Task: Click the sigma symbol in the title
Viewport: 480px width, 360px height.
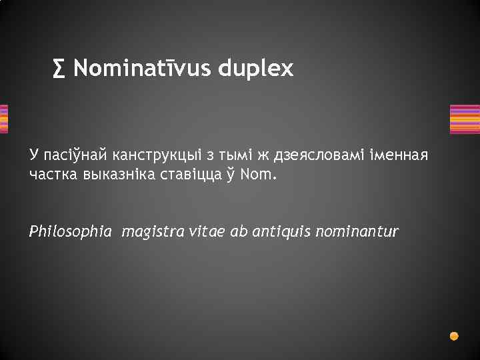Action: tap(59, 68)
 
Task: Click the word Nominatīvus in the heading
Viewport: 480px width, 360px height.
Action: tap(142, 68)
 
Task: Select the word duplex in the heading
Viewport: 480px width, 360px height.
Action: tap(255, 68)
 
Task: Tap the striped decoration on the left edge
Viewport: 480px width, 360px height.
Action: tap(4, 119)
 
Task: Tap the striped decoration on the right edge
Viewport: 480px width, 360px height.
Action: tap(465, 119)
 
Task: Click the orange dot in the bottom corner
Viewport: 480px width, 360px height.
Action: tap(454, 336)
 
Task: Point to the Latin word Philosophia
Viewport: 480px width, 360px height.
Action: tap(70, 232)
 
